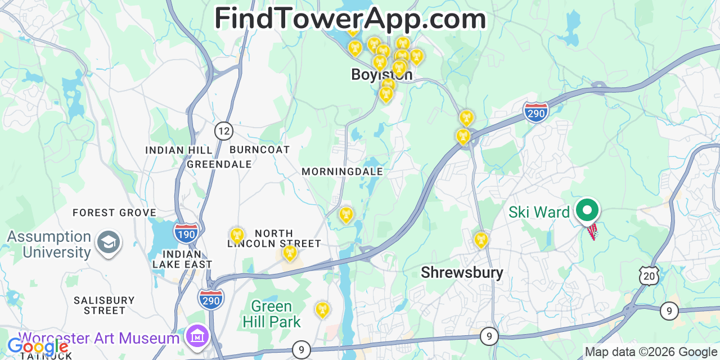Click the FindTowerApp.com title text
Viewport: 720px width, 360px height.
point(350,19)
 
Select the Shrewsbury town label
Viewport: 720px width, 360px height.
point(462,273)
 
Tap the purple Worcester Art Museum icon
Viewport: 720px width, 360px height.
point(197,336)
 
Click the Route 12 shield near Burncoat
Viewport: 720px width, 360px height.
point(224,131)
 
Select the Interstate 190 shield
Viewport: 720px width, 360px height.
point(186,233)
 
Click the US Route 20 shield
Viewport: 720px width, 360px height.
point(649,276)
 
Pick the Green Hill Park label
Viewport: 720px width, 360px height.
point(272,314)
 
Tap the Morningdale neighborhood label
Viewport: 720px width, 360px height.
point(342,172)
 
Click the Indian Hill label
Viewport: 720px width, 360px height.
point(179,150)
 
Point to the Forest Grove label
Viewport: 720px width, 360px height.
point(114,213)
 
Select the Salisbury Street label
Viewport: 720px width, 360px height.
point(105,305)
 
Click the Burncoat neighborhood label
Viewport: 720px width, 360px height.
point(260,150)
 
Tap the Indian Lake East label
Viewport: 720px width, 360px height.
point(182,259)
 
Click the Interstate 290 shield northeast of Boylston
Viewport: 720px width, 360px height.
point(535,112)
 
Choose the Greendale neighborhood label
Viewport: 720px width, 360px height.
point(219,164)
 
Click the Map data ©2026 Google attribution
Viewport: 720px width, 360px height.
point(651,352)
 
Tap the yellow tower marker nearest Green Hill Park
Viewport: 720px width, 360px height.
point(322,309)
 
